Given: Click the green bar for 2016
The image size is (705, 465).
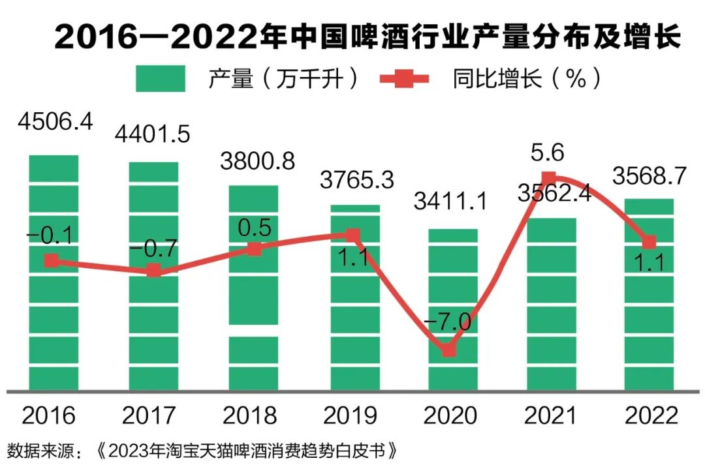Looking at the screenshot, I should pos(54,313).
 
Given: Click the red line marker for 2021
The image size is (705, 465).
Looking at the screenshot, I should pos(549,177).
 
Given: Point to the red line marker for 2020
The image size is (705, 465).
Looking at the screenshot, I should pos(449,350).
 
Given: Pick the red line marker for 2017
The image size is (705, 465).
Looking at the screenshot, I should pos(153,271).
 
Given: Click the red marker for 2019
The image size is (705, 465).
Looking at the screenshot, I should pos(352,235).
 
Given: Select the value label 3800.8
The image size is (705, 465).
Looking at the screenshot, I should pos(257,160).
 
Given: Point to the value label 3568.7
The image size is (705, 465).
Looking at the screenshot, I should pos(650,175).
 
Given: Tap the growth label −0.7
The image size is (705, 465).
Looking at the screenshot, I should pos(153,248).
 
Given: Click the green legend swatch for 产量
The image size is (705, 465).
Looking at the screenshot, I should pos(161,79).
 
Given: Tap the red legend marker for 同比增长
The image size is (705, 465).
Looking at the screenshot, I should pos(404,79).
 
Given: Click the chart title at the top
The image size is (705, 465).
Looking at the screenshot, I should pos(368,38).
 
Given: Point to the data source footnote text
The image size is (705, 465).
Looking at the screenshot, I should pos(202,451).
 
